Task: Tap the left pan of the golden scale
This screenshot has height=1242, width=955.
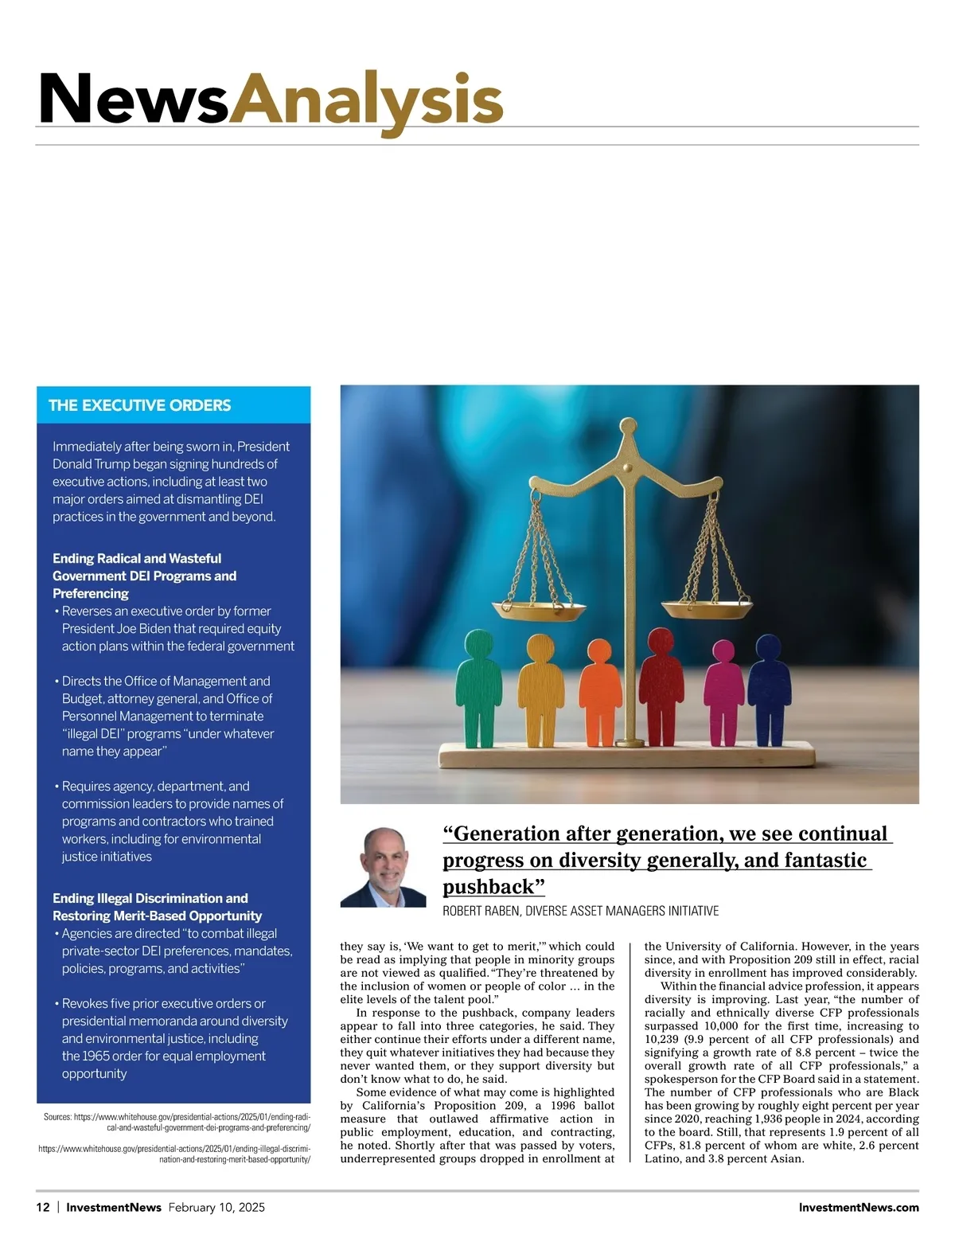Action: (x=539, y=611)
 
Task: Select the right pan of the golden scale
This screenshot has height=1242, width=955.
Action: (x=707, y=611)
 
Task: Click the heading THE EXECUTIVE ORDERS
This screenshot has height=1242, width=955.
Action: (x=139, y=405)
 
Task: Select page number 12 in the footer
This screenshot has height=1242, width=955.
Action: (x=43, y=1207)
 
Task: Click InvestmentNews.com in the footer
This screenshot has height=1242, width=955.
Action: (x=858, y=1207)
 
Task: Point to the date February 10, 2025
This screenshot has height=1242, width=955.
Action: (x=216, y=1207)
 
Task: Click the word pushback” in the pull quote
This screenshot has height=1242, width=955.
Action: (x=493, y=887)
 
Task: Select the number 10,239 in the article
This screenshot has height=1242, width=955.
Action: (x=662, y=1039)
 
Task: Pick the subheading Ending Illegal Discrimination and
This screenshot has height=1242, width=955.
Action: (x=150, y=898)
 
